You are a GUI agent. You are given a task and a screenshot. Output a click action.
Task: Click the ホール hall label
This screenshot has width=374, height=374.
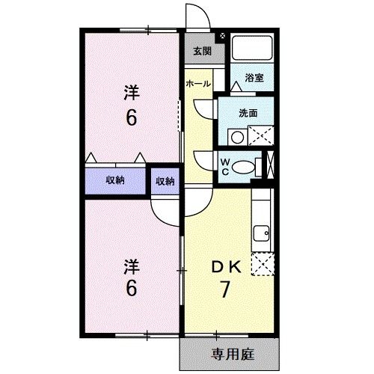(x=198, y=83)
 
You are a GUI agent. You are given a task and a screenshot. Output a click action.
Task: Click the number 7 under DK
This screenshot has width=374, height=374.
(x=223, y=289)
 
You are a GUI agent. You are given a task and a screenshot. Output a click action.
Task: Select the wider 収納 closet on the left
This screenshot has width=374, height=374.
(x=114, y=180)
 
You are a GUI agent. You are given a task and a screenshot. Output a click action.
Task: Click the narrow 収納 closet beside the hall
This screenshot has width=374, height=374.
(x=165, y=180)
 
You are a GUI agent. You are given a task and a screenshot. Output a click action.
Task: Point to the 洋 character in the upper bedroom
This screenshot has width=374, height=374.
(x=131, y=93)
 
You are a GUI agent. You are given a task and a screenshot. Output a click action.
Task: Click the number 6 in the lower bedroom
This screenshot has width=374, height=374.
(x=131, y=289)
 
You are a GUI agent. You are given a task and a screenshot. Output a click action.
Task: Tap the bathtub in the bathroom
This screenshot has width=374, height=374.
(x=253, y=49)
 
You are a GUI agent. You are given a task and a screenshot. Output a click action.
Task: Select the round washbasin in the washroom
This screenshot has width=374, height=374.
(x=236, y=137)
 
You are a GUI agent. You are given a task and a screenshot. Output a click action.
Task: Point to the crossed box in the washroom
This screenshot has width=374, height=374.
(x=260, y=136)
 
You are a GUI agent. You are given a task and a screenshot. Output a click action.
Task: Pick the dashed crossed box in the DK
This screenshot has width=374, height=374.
(x=263, y=264)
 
